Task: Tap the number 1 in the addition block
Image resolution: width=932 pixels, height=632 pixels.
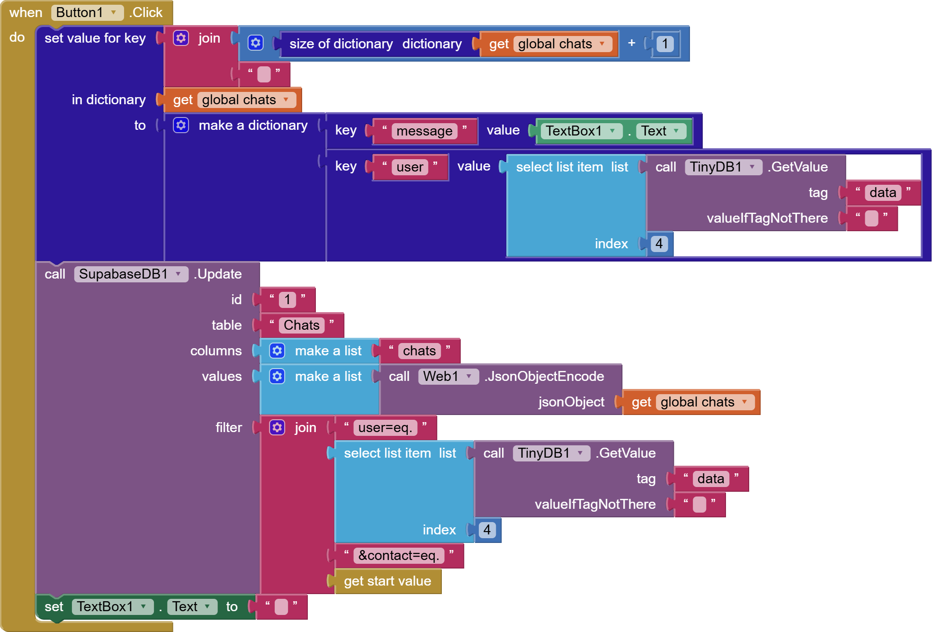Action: (665, 44)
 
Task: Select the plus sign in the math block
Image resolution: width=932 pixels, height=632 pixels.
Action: (631, 43)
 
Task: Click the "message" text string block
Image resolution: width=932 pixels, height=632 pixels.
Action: (424, 131)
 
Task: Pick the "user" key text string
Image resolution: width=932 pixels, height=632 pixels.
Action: (410, 167)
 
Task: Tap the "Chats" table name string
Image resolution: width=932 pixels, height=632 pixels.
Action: (302, 325)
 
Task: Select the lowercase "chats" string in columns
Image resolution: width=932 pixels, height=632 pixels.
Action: (419, 351)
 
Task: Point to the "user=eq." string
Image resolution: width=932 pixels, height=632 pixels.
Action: (385, 428)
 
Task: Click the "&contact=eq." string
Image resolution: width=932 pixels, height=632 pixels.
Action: (399, 556)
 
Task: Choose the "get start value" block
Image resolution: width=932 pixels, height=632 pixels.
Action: (387, 581)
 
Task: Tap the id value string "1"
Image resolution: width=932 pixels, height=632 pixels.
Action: (287, 300)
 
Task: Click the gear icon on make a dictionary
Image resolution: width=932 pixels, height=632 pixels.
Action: (181, 126)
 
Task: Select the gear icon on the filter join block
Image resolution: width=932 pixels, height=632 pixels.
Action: (277, 428)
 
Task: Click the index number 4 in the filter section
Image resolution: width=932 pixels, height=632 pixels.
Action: (487, 530)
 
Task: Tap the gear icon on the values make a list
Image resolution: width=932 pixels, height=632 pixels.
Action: (277, 377)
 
